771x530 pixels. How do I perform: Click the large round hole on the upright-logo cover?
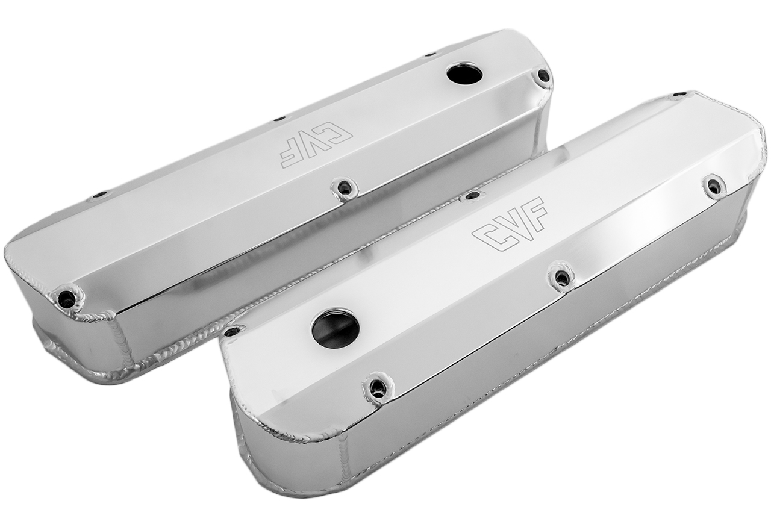point(335,328)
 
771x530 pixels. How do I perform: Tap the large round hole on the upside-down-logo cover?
point(464,74)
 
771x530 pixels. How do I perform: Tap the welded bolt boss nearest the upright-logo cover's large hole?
point(378,388)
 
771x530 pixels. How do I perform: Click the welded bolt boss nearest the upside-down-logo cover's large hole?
point(543,76)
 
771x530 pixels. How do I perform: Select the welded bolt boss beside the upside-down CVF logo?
point(344,189)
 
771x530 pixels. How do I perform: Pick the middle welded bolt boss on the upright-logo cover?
point(561,278)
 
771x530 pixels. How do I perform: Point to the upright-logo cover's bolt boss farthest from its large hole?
point(714,186)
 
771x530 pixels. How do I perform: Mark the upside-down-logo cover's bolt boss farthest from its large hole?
point(66,298)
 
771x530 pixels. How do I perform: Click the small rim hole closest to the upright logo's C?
point(472,195)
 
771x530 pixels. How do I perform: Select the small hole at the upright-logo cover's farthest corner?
point(679,95)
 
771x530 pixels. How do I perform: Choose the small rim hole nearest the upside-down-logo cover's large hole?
point(430,55)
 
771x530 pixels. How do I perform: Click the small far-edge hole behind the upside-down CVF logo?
point(279,119)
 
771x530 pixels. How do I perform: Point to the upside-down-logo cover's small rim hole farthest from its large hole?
point(99,195)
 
